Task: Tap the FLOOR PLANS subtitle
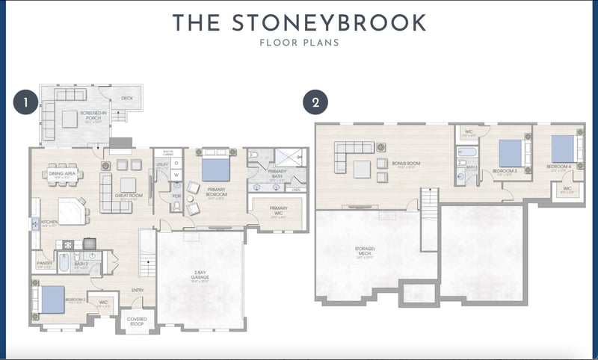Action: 299,43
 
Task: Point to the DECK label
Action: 126,98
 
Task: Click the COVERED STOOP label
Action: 136,321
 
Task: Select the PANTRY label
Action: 44,263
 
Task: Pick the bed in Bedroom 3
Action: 511,153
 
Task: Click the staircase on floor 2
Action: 428,217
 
